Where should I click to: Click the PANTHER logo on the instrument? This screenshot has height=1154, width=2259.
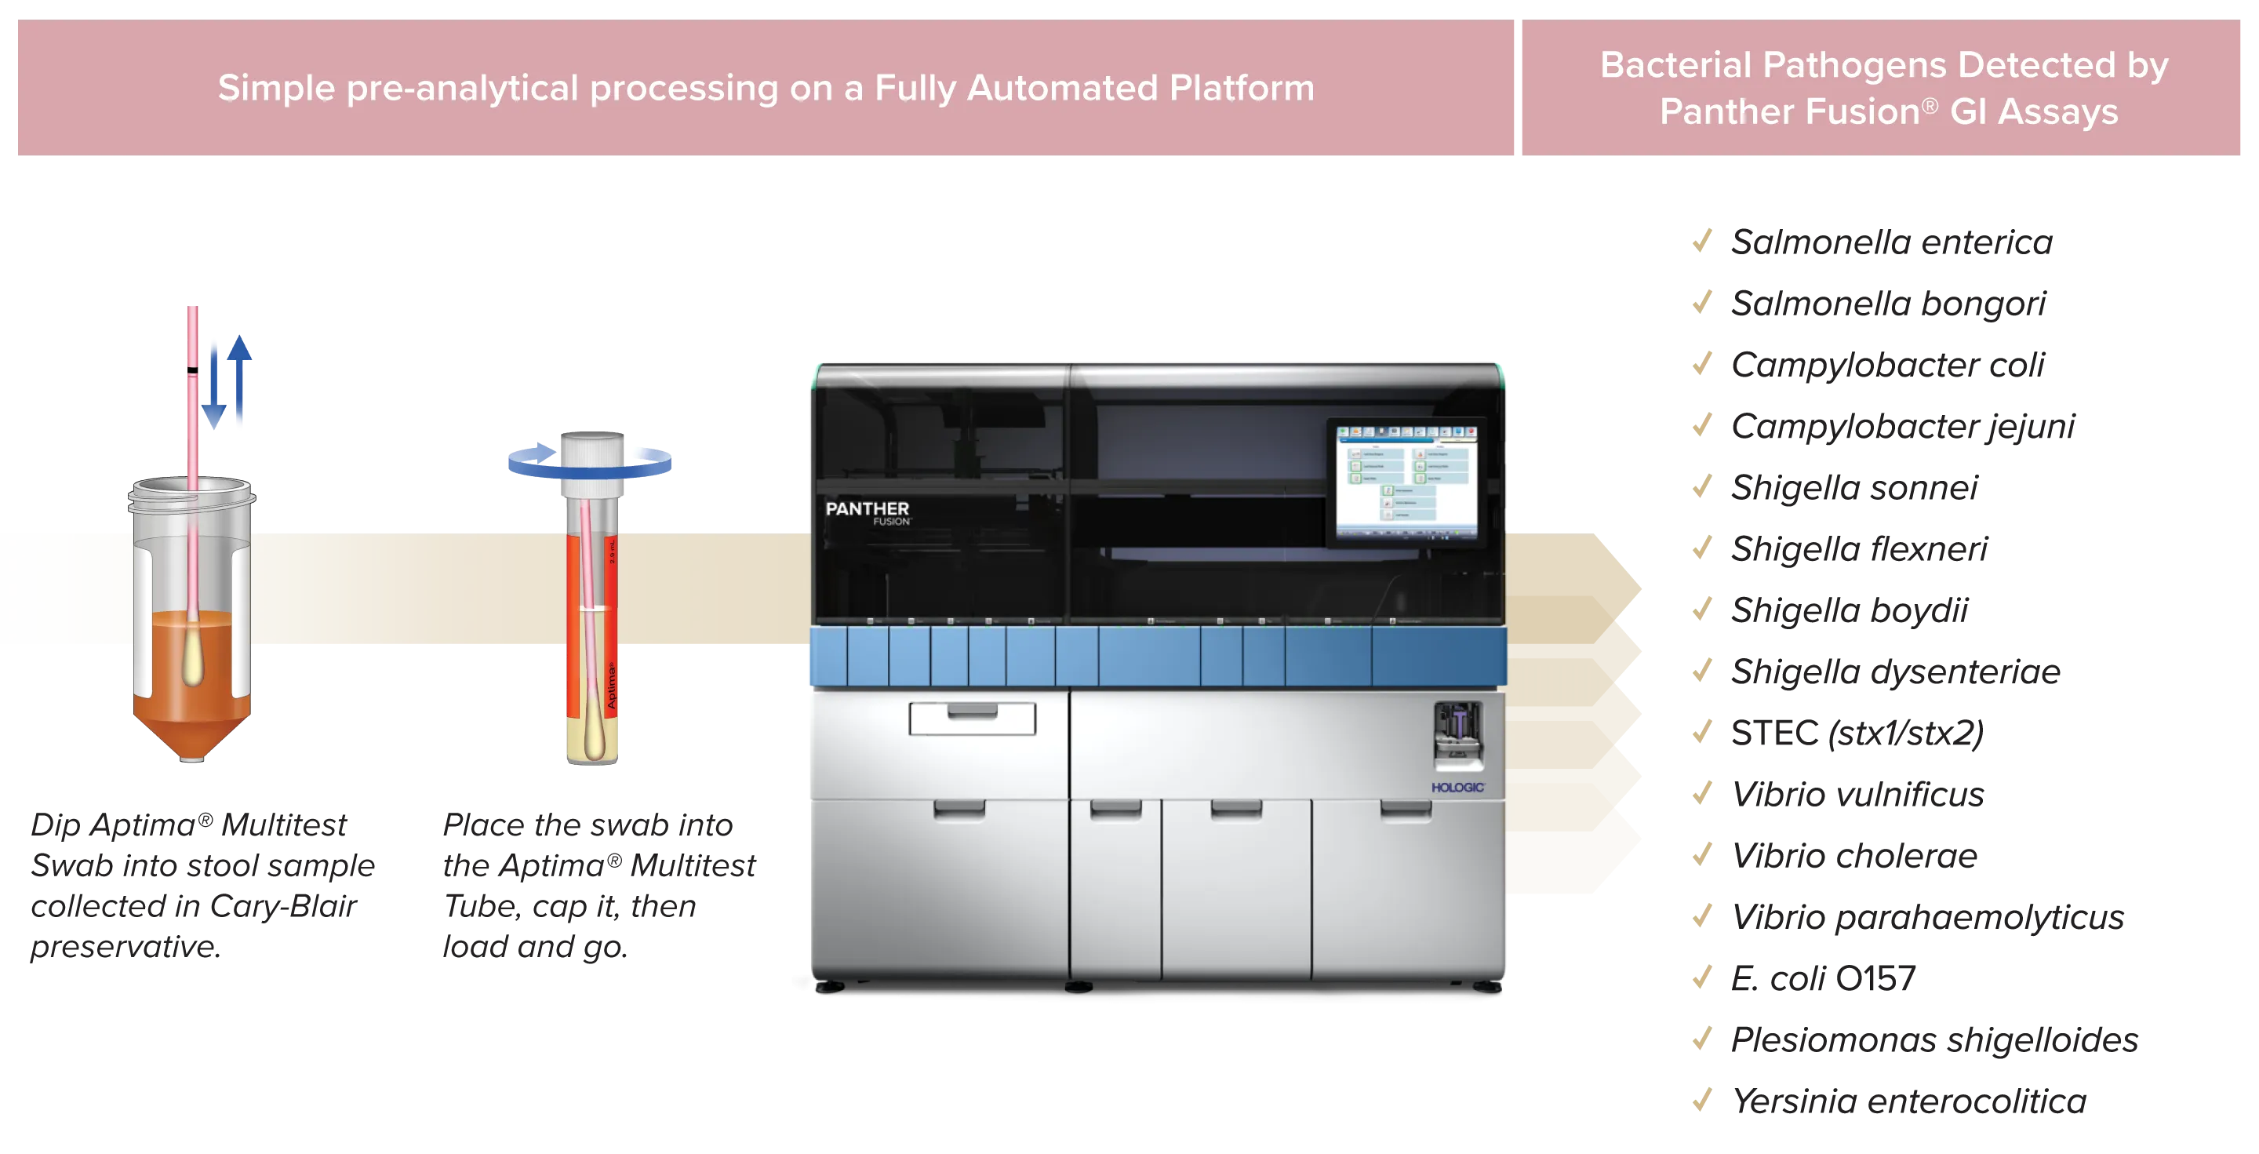(x=867, y=509)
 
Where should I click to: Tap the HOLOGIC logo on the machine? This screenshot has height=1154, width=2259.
(x=1457, y=788)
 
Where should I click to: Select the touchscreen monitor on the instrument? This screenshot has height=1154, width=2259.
(x=1406, y=482)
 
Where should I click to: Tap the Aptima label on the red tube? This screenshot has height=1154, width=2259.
(x=611, y=686)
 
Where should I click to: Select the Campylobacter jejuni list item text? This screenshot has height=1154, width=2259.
(x=1903, y=426)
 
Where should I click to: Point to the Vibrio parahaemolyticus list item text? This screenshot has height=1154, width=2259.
(x=1927, y=918)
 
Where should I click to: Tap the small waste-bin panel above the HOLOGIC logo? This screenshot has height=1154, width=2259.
(x=1457, y=733)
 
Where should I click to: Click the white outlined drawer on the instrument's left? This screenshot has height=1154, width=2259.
(x=972, y=718)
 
